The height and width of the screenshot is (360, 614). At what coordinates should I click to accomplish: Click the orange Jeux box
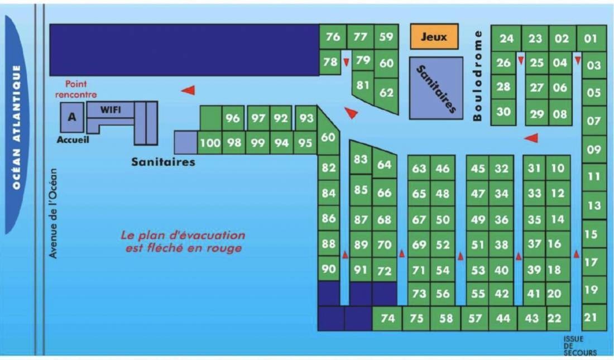coord(434,36)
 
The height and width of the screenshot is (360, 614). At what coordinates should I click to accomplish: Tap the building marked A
coord(72,117)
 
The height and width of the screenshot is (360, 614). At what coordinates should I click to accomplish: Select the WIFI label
coord(111,110)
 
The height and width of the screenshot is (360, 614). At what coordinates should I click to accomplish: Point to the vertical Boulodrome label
coord(477,75)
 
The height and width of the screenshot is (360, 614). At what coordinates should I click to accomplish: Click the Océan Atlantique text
coord(16,127)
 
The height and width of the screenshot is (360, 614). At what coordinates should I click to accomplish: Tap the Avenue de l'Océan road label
coord(53,214)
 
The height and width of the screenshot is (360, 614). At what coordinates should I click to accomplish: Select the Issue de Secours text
coord(580,345)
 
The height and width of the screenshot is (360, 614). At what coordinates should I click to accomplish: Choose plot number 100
coord(210,142)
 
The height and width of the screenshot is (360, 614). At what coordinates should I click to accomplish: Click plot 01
coord(591,39)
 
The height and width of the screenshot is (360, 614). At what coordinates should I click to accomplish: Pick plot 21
coord(591,317)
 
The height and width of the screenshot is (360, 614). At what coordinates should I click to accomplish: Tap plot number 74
coord(387,318)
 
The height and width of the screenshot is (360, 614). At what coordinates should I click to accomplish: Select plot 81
coord(363,86)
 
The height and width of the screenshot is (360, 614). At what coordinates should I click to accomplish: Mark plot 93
coord(306,118)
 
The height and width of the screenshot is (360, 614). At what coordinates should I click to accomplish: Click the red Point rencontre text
coord(76,89)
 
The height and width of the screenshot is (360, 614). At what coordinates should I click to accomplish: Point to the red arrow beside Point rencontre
coord(188,90)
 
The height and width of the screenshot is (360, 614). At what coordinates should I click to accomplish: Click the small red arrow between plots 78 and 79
coord(346,63)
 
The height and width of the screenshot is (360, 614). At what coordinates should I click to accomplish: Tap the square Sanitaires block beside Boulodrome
coord(436,88)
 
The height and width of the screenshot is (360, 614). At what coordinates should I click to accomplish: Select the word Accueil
coord(73,140)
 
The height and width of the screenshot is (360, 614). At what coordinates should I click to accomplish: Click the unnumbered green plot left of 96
coord(210,118)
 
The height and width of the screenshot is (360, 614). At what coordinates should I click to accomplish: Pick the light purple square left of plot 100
coord(186,142)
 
